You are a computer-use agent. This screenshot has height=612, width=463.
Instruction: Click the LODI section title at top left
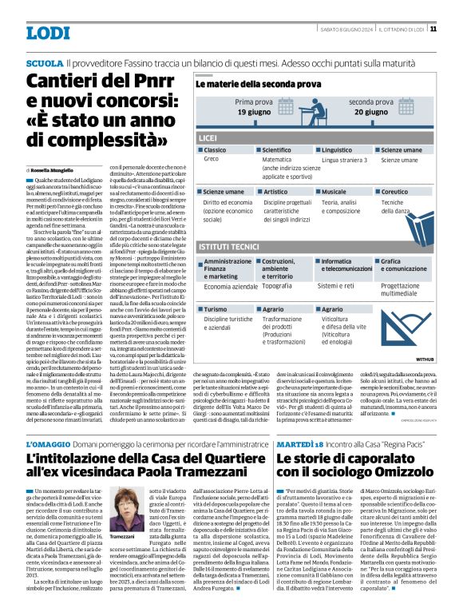pos(48,33)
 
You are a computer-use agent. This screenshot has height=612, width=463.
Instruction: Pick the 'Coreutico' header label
pos(398,192)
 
